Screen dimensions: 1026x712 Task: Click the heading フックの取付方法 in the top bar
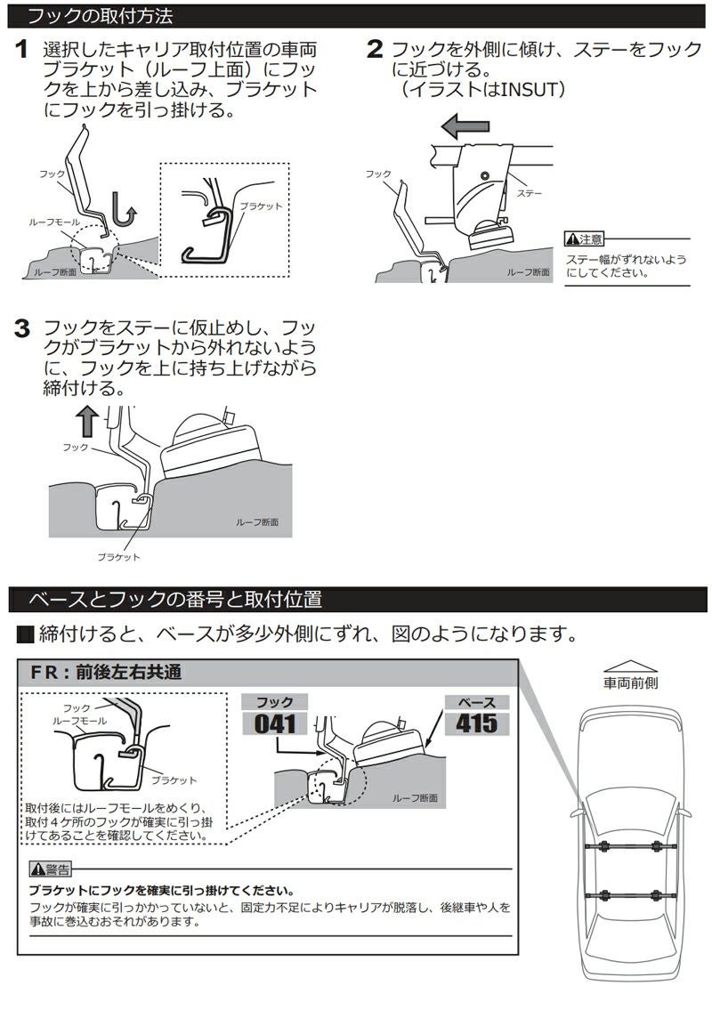pos(100,16)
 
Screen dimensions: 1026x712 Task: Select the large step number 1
pos(24,50)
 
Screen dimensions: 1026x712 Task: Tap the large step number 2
pos(375,50)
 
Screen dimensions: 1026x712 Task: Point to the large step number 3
pos(24,329)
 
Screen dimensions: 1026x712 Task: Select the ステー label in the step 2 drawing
pos(530,192)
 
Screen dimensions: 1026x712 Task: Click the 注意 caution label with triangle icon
pos(584,238)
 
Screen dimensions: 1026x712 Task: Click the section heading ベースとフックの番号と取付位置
pos(175,599)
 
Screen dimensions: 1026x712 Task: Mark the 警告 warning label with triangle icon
pos(50,869)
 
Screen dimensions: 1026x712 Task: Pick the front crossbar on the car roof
pos(628,844)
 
